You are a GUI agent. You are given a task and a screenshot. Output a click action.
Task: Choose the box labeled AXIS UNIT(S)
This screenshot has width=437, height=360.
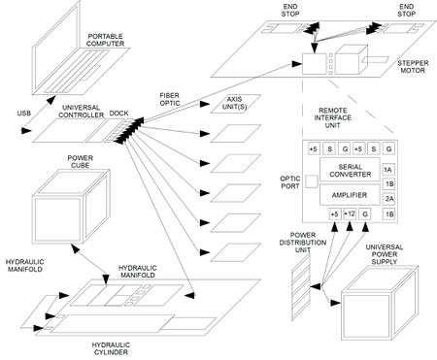pos(232,130)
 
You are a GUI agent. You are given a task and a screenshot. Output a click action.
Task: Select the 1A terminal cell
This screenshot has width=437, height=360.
pos(388,169)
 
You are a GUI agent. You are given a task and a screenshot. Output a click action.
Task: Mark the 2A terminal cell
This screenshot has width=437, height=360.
pos(388,197)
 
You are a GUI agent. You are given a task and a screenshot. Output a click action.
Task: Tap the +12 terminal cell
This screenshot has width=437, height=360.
pos(350,213)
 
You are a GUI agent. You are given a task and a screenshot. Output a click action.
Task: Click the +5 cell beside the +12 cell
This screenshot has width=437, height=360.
pos(333,213)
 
